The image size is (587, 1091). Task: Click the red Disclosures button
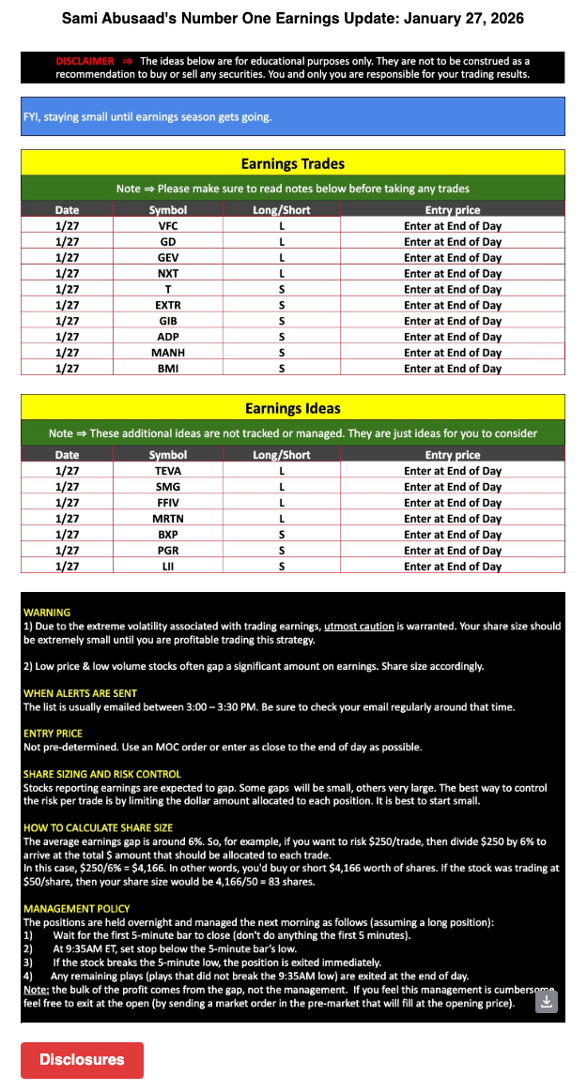[82, 1059]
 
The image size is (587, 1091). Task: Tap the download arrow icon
[548, 1002]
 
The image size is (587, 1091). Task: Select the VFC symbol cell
[168, 226]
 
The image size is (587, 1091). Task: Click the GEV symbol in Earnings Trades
[168, 258]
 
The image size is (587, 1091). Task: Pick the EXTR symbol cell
[168, 305]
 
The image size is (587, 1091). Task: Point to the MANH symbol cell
[168, 353]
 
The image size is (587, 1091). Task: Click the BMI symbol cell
[168, 369]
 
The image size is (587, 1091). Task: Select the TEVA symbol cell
[168, 471]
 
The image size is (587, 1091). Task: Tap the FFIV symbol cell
[168, 503]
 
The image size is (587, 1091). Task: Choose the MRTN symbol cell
[168, 519]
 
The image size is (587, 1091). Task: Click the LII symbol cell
[168, 567]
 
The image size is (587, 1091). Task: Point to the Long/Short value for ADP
[282, 337]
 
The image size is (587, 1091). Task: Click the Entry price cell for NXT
[453, 274]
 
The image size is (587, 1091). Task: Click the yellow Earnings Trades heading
[293, 163]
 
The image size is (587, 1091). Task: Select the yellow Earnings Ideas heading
[293, 408]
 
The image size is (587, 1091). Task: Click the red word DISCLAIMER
[85, 61]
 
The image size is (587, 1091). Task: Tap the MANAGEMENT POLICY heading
[77, 909]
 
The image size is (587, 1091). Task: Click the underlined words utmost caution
[359, 626]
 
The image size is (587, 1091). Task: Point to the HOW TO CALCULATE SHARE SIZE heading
[99, 828]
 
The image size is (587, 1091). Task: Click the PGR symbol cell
[168, 551]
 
